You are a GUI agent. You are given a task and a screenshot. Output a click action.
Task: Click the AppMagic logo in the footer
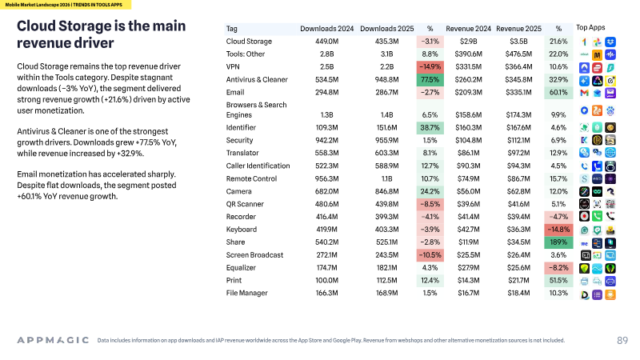tap(53, 340)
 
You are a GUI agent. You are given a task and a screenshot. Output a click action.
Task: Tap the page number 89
tap(622, 341)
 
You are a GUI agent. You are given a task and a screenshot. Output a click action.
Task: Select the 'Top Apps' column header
tap(590, 27)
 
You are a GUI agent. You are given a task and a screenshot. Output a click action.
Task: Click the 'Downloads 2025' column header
tap(387, 29)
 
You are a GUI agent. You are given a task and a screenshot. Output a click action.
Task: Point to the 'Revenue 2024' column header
tap(468, 29)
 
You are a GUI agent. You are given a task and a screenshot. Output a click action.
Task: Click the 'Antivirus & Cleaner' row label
tap(257, 79)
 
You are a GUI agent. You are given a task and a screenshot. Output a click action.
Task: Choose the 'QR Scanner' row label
tap(245, 204)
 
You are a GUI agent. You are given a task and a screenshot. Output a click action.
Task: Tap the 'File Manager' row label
tap(247, 293)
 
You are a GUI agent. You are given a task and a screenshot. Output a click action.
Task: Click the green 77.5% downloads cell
tap(430, 79)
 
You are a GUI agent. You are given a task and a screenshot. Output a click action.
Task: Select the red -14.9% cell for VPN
tap(430, 66)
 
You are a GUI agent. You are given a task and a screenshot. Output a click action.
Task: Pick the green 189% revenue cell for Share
tap(558, 242)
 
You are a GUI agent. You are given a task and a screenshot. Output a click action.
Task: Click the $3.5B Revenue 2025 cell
tap(518, 42)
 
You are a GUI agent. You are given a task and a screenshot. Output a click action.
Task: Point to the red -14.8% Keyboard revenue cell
tap(558, 230)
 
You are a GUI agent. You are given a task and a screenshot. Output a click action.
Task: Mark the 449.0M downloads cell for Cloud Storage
tap(327, 42)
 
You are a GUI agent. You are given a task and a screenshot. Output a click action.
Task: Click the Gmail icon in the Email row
tap(584, 93)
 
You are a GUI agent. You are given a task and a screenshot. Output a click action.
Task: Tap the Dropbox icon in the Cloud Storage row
tap(610, 42)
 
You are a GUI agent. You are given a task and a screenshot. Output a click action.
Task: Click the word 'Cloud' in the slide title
tap(36, 26)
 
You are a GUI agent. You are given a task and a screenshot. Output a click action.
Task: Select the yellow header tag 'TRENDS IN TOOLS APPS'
tap(98, 5)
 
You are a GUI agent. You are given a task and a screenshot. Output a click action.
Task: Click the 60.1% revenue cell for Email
tap(558, 92)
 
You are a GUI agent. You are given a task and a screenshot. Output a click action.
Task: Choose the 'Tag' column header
tap(231, 29)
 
